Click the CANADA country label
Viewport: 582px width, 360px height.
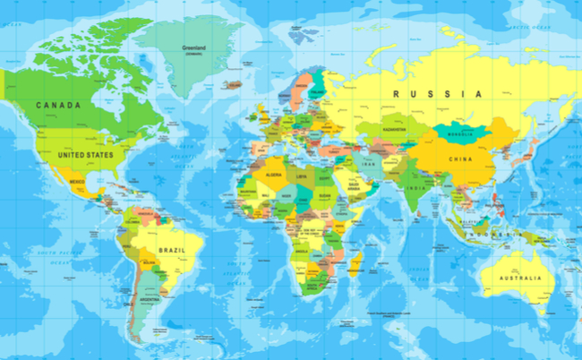point(58,105)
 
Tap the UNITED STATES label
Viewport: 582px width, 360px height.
point(86,154)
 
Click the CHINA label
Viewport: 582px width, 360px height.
point(460,160)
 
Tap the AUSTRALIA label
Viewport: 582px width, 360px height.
point(513,279)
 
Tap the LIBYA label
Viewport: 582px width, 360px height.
point(300,177)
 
